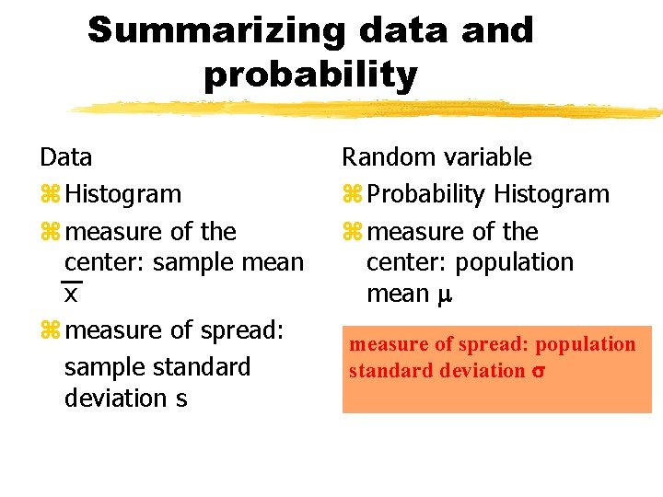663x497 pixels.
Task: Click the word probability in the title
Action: click(310, 75)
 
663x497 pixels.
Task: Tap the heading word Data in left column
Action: click(65, 157)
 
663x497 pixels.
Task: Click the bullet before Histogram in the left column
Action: click(49, 195)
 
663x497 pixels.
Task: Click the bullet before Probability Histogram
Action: click(351, 195)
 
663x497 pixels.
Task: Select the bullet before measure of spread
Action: click(49, 330)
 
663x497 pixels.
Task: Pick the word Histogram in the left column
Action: click(123, 195)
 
